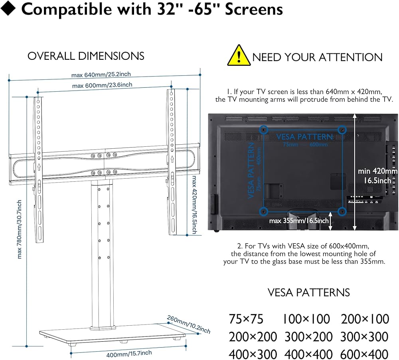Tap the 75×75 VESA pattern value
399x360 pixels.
pos(246,319)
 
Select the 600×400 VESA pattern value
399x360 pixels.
pos(364,354)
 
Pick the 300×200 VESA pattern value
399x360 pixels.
pos(308,336)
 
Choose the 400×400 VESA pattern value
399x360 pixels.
pos(308,354)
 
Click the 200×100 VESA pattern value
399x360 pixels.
pos(364,319)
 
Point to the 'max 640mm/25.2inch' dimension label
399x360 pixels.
pos(101,75)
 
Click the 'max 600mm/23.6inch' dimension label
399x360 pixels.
pos(102,85)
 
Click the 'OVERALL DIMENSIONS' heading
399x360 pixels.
pos(86,56)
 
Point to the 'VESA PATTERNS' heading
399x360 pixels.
pos(308,292)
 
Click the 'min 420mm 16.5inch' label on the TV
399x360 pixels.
pos(377,175)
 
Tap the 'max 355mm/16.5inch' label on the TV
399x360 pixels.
pos(299,220)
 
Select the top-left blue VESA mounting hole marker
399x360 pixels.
pos(264,130)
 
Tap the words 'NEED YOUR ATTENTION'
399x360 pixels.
pos(317,57)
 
